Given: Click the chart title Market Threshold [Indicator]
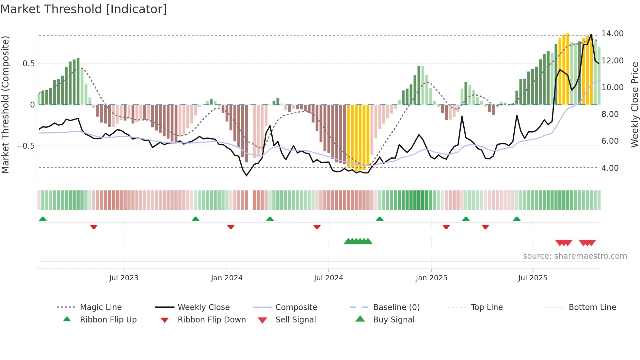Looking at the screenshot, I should click(x=84, y=9).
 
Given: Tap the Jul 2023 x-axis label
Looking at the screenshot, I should click(x=124, y=278).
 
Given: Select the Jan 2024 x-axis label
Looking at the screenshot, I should click(x=227, y=278).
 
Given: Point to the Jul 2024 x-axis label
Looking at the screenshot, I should click(x=328, y=278).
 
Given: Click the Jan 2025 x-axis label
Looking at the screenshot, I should click(x=431, y=278).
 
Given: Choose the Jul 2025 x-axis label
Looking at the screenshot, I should click(x=533, y=278).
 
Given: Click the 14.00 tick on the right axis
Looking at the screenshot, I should click(x=613, y=34).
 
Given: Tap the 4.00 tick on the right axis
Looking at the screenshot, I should click(x=610, y=168).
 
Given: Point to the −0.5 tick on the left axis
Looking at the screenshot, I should click(x=26, y=146).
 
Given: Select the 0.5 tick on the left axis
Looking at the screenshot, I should click(x=29, y=64).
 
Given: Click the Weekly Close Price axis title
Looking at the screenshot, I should click(x=634, y=105).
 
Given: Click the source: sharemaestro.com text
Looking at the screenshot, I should click(x=575, y=256).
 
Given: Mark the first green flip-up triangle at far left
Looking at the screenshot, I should click(x=43, y=219).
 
